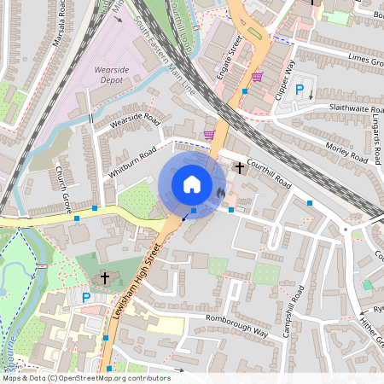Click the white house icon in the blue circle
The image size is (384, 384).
coord(192,184)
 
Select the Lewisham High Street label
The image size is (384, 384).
coord(136,291)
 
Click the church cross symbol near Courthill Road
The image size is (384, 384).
coord(240,169)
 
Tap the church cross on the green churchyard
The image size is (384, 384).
coord(105,278)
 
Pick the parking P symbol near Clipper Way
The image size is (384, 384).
coord(299,90)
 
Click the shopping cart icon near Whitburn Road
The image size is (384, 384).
coord(208,134)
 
